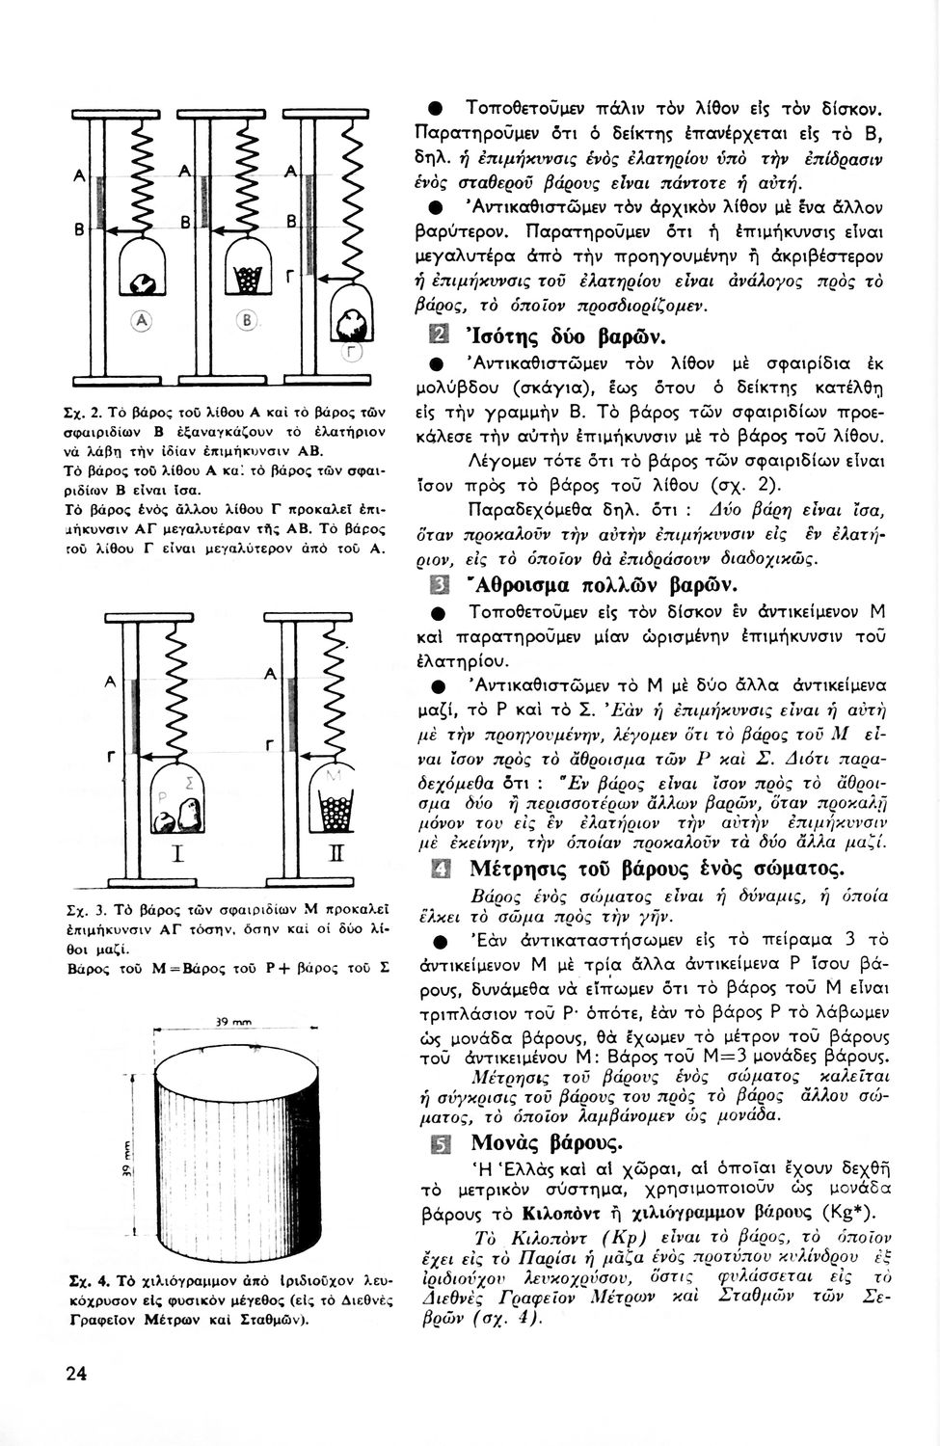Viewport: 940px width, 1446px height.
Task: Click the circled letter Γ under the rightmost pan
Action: [353, 353]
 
